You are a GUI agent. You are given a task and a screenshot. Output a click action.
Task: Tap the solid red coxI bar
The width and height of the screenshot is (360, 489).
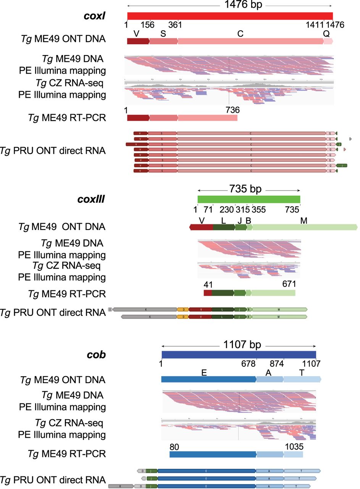[230, 16]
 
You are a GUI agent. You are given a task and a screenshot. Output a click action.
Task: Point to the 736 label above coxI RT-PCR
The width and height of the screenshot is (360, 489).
[232, 110]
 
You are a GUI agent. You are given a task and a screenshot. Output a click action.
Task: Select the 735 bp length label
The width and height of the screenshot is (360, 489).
[249, 189]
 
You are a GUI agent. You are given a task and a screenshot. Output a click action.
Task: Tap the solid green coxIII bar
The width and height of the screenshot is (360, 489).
[249, 199]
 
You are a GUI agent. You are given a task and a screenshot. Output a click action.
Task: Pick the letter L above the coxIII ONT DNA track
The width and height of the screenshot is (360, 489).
[224, 220]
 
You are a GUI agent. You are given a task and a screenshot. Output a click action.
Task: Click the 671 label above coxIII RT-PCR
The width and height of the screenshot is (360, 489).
[289, 284]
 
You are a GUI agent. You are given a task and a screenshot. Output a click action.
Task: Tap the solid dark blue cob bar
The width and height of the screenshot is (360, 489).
[239, 355]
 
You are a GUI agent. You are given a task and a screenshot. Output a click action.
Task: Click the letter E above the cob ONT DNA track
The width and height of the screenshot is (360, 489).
[204, 372]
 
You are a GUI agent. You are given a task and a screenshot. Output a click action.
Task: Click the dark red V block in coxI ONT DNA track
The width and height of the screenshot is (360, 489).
[138, 41]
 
